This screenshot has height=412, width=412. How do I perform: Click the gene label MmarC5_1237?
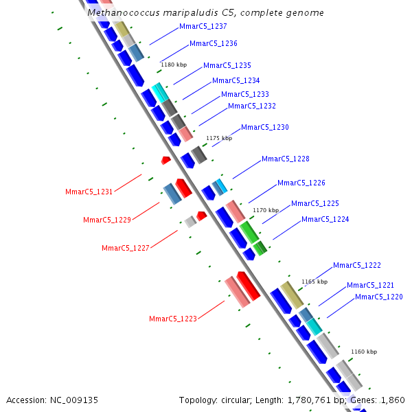pos(203,26)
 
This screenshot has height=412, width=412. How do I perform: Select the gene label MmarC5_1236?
pos(214,43)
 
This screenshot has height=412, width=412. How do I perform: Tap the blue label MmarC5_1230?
pos(265,127)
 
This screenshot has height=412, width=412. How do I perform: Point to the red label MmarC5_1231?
pos(89,192)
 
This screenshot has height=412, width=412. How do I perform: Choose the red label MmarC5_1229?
pos(107,220)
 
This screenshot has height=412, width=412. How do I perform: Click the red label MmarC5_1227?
pos(126,248)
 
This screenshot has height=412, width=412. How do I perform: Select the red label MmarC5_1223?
pos(173,319)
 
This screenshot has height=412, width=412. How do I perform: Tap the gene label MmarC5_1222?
pos(357,265)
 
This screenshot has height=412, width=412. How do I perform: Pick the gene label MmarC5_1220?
pos(379,297)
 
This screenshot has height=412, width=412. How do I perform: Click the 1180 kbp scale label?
pos(174,65)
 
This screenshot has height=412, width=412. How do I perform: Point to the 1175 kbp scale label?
pos(219,138)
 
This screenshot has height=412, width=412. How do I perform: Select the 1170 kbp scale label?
pos(266,210)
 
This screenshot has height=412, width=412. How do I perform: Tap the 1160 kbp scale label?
pos(364,352)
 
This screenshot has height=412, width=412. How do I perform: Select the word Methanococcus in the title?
pos(124,12)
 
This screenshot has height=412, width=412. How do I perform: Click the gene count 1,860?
pos(393,400)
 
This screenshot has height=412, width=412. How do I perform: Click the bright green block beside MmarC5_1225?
pos(249,232)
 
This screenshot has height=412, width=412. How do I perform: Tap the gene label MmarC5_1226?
pos(301,183)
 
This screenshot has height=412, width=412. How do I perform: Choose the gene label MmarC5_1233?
pos(245,94)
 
